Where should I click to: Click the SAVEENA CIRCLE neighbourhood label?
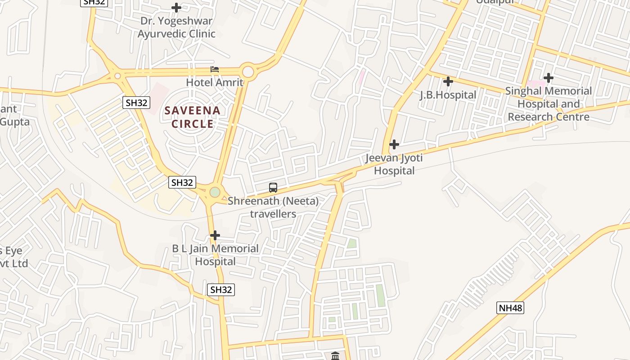pos(192,117)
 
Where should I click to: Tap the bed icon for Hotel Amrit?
pos(215,70)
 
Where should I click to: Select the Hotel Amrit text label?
pos(215,82)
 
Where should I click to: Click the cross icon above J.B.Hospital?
pos(448,81)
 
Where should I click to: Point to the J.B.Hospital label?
pos(448,95)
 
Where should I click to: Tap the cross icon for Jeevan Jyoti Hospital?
pos(394,144)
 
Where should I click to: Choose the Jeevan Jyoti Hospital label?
pos(394,164)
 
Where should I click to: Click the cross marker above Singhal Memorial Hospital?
pos(548,78)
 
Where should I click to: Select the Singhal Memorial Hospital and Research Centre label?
pos(549,104)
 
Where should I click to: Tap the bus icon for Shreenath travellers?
pos(273,188)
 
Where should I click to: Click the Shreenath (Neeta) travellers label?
pos(273,207)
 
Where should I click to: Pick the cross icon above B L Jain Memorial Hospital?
pos(215,235)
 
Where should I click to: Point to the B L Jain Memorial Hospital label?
pos(216,255)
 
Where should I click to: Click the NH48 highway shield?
pos(510,308)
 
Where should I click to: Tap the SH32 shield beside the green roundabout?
pos(182,182)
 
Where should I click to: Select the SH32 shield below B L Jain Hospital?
pos(221,290)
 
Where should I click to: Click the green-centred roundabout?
pos(215,193)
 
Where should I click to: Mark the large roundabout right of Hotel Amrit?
pos(248,71)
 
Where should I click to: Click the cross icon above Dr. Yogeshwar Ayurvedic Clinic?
pos(176,8)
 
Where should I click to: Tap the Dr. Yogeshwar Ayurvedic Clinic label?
pos(176,27)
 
